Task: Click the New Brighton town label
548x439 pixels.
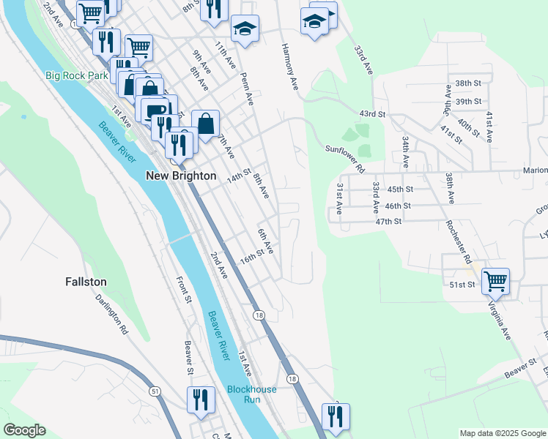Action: (x=181, y=176)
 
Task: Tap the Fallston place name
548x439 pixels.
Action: (x=86, y=282)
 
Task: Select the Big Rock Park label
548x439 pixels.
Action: (x=75, y=75)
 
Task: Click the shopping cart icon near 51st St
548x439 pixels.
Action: (x=496, y=280)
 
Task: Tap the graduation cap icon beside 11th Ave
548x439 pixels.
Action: (x=245, y=29)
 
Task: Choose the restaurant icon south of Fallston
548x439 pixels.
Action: (x=200, y=400)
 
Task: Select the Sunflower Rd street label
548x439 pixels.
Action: (x=345, y=158)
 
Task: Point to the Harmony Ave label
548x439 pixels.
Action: (x=289, y=66)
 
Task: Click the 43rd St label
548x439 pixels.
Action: (x=371, y=114)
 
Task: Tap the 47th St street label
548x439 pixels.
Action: (x=388, y=221)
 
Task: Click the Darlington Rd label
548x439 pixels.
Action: (x=112, y=315)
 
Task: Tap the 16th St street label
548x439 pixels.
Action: (x=251, y=258)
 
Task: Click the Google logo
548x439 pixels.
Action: (x=24, y=430)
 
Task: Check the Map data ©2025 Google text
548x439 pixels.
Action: (x=502, y=433)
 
